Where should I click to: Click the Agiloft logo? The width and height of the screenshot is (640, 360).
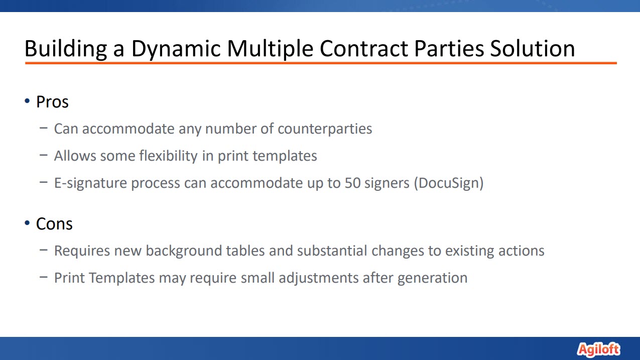point(598,349)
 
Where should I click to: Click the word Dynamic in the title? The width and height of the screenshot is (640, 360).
point(176,49)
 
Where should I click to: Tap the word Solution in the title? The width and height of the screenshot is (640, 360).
point(532,48)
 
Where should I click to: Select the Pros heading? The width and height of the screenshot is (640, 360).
point(52,102)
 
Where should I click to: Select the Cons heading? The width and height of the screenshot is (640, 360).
point(54,224)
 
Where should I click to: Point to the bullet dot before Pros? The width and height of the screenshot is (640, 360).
point(27,100)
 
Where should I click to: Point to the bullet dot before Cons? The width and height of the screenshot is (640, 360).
point(27,222)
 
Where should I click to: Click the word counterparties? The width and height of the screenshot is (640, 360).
point(325,129)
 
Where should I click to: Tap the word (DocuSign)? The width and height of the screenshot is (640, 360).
point(449,183)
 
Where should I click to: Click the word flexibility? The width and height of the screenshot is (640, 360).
point(169,156)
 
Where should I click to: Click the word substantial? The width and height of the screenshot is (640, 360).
point(332,251)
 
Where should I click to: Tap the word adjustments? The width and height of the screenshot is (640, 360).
point(319,278)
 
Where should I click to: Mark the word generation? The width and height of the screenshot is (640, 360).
point(433,278)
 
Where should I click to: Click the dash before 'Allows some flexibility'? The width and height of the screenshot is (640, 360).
point(44,155)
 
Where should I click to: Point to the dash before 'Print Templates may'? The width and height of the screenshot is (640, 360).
point(44,277)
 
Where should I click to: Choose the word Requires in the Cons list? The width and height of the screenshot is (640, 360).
point(82,251)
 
